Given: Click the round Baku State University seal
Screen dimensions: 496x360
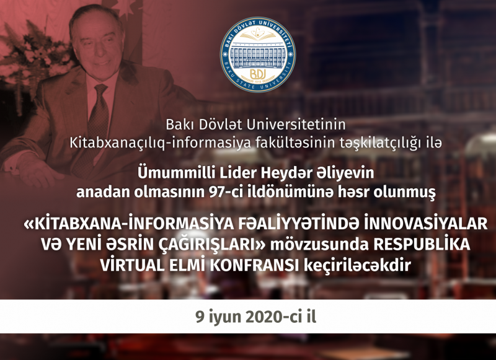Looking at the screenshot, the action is (258, 55).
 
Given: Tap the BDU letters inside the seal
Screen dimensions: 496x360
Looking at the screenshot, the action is (258, 74).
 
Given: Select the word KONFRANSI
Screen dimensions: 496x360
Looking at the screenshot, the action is (255, 265).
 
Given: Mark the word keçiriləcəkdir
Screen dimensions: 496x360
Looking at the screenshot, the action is (358, 265).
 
